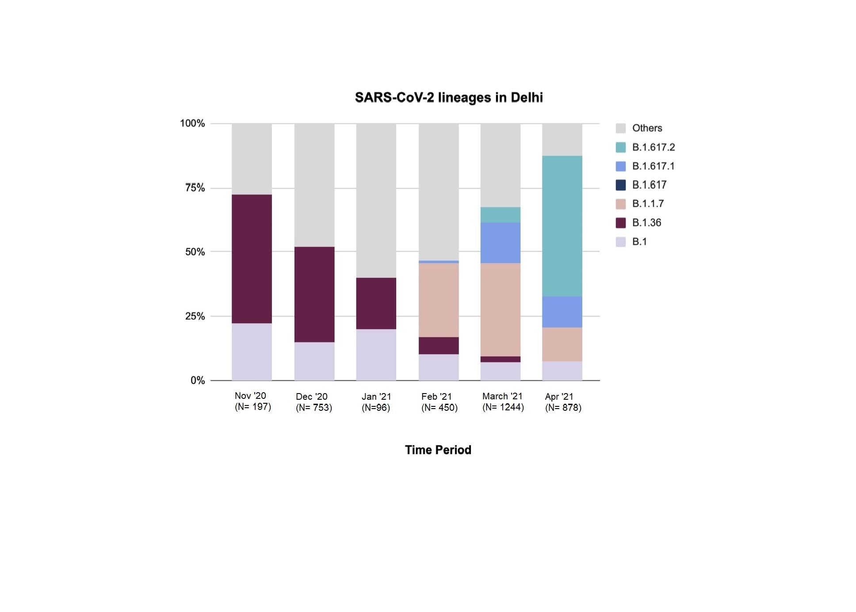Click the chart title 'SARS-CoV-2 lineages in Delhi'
coord(448,97)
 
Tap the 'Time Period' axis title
coord(438,450)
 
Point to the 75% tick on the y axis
coord(195,188)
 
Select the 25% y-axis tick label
coord(195,316)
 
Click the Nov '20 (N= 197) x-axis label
coord(252,401)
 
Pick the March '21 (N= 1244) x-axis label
coord(503,402)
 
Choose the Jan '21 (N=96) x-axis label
coord(376,402)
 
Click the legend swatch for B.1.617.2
coord(620,147)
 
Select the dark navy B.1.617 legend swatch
coord(620,185)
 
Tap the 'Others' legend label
coord(647,128)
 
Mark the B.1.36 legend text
coord(646,222)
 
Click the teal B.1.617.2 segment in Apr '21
coord(562,226)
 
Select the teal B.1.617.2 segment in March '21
coord(500,215)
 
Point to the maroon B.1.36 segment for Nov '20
coord(252,259)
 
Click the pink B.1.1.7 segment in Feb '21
coord(439,300)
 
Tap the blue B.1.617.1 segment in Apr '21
coord(562,312)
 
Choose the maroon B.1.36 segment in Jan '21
coord(376,303)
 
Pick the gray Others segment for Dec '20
coord(314,185)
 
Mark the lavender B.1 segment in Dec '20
coord(314,361)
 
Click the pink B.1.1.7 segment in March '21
coord(500,310)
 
